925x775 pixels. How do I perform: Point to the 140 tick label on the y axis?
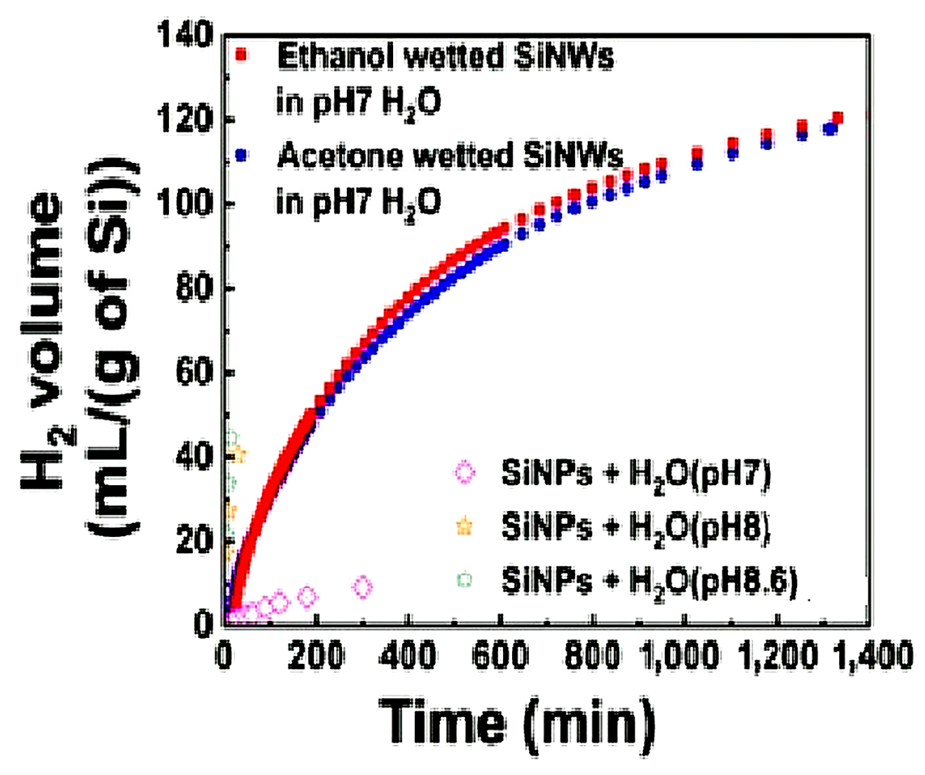185,34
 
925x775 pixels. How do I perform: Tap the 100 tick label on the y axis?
185,203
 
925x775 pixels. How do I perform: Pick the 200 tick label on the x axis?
316,655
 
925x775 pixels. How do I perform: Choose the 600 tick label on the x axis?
500,655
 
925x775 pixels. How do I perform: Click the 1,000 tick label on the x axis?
680,655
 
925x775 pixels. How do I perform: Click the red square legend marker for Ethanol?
241,55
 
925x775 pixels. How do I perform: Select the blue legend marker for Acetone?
241,155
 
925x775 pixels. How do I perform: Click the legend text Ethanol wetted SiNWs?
445,57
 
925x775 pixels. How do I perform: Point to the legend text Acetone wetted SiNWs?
450,156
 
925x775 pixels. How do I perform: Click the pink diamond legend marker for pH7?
465,473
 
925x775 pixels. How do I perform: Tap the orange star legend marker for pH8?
465,527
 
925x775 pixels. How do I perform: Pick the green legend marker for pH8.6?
465,580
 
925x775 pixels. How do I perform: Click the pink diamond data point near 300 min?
363,587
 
